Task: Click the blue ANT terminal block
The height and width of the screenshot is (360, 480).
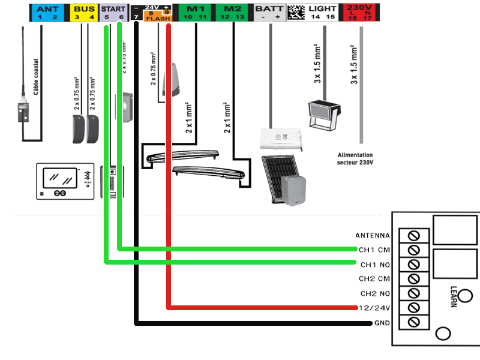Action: point(48,12)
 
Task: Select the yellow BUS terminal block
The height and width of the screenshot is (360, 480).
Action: point(83,12)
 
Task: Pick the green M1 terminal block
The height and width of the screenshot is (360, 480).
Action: point(195,12)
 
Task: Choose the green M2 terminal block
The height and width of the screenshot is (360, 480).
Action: point(232,12)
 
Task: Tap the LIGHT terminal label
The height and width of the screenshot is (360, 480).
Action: point(322,9)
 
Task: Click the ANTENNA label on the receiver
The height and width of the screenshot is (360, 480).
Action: point(372,235)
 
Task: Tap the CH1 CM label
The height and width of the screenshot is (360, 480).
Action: point(374,250)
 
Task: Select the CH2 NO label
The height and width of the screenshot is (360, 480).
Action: point(375,293)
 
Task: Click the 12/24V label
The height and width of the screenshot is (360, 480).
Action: point(374,308)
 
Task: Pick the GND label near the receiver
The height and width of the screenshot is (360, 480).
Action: point(381,323)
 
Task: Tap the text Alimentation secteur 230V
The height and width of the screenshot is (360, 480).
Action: point(355,158)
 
